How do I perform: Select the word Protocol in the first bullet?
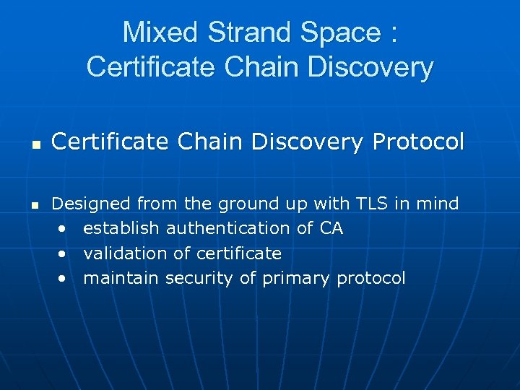(x=418, y=142)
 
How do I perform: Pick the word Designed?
(x=92, y=204)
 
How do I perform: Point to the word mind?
(x=436, y=204)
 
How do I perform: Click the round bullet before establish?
(x=64, y=230)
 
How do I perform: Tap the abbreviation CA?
(x=331, y=229)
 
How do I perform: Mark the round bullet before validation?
(x=64, y=254)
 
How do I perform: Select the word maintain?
(x=121, y=278)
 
